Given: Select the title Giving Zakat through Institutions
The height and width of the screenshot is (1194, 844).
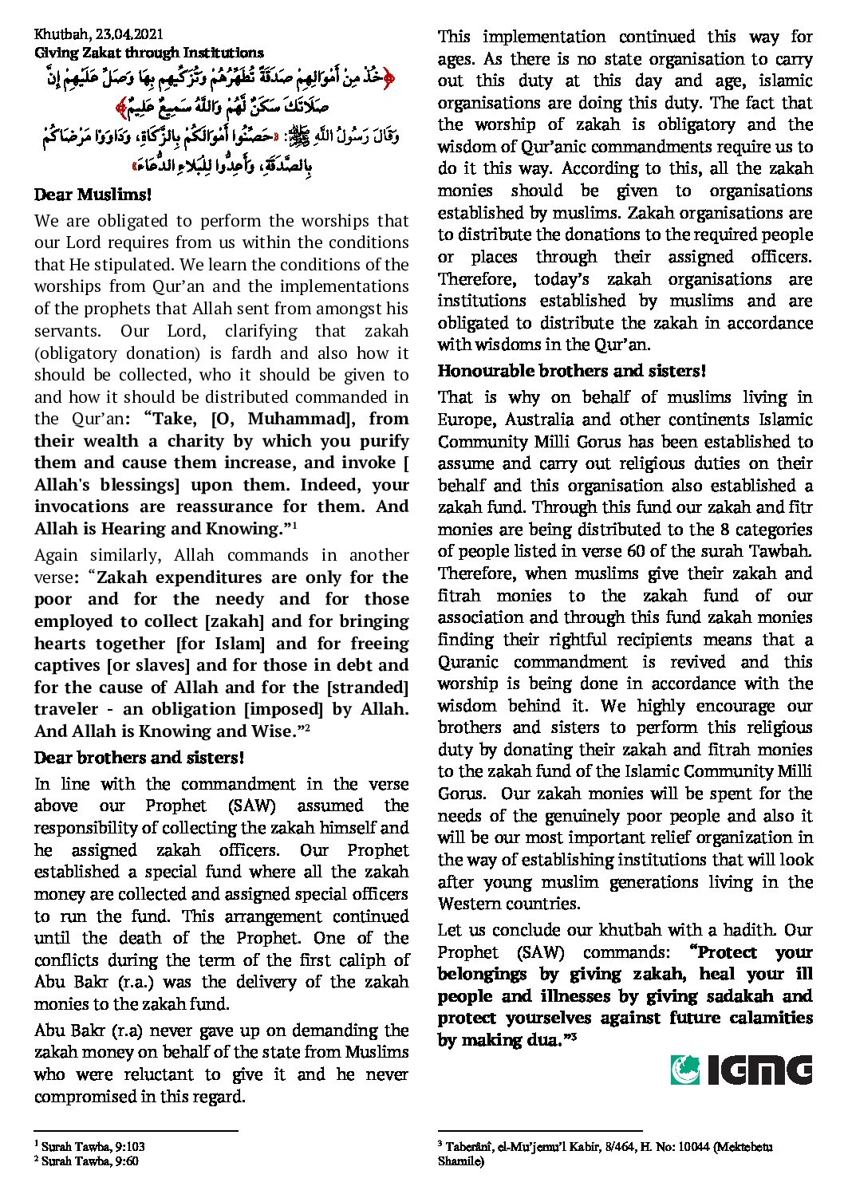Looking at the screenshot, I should [x=148, y=53].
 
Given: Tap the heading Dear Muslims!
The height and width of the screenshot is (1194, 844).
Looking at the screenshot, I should [x=93, y=195].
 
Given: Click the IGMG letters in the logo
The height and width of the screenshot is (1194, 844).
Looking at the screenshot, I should [x=759, y=1070].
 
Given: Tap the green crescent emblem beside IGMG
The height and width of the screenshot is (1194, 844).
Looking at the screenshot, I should [x=685, y=1070].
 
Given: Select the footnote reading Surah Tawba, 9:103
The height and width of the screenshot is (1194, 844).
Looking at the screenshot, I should [x=93, y=1147].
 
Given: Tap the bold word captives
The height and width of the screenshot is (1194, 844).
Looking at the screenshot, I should [x=67, y=665].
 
